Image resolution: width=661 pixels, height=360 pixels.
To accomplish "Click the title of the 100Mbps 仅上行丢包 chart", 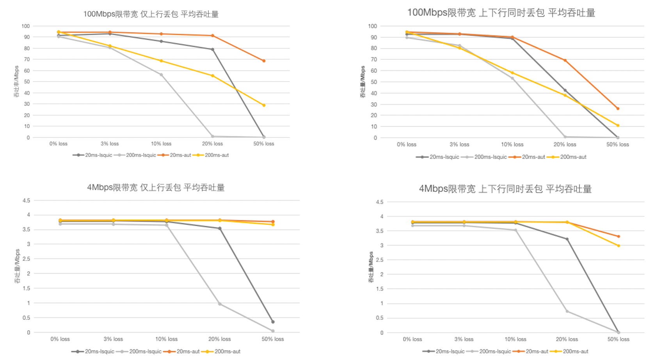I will pyautogui.click(x=151, y=14).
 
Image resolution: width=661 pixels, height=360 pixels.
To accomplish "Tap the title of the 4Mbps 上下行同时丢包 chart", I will pyautogui.click(x=505, y=189).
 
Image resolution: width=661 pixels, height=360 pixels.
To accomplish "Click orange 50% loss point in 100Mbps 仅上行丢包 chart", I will pyautogui.click(x=264, y=61).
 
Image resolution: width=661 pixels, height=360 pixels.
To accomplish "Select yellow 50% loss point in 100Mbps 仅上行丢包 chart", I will pyautogui.click(x=264, y=105).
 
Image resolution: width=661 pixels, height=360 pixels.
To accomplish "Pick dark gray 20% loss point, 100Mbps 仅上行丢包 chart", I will pyautogui.click(x=213, y=50).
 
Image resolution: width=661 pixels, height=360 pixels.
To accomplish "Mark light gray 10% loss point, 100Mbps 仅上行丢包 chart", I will pyautogui.click(x=161, y=75).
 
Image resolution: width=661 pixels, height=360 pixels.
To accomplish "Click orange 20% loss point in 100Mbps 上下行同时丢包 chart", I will pyautogui.click(x=565, y=61).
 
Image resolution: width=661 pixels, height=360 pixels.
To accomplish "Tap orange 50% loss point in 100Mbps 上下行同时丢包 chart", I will pyautogui.click(x=618, y=109).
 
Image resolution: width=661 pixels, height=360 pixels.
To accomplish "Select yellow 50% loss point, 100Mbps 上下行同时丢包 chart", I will pyautogui.click(x=618, y=125).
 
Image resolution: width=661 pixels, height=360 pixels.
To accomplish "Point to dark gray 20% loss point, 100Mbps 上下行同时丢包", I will pyautogui.click(x=565, y=91).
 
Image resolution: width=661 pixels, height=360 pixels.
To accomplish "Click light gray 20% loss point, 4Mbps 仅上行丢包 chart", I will pyautogui.click(x=220, y=304).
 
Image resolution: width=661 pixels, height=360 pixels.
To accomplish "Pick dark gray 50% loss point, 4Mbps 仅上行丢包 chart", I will pyautogui.click(x=273, y=322).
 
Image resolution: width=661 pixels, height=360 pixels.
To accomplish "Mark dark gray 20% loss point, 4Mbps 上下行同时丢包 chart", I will pyautogui.click(x=567, y=239).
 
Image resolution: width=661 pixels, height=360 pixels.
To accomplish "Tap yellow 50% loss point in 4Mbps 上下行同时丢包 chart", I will pyautogui.click(x=618, y=246).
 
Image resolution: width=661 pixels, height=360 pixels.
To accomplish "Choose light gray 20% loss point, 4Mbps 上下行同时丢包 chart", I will pyautogui.click(x=567, y=311).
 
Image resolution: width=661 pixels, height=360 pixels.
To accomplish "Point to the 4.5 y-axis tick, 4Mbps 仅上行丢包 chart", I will pyautogui.click(x=26, y=201).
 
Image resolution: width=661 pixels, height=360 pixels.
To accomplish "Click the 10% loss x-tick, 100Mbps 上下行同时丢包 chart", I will pyautogui.click(x=512, y=144).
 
